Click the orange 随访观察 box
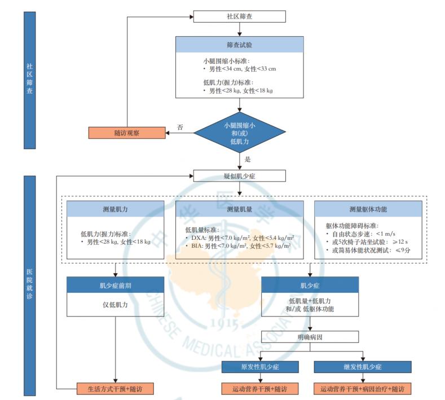pyautogui.click(x=126, y=133)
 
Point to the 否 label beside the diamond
pyautogui.click(x=180, y=128)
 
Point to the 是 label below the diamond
pyautogui.click(x=247, y=160)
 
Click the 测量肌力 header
pyautogui.click(x=115, y=209)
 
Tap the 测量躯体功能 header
pyautogui.click(x=367, y=209)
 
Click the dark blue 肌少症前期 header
pyautogui.click(x=115, y=285)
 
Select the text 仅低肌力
pyautogui.click(x=115, y=305)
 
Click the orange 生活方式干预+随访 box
pyautogui.click(x=115, y=389)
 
